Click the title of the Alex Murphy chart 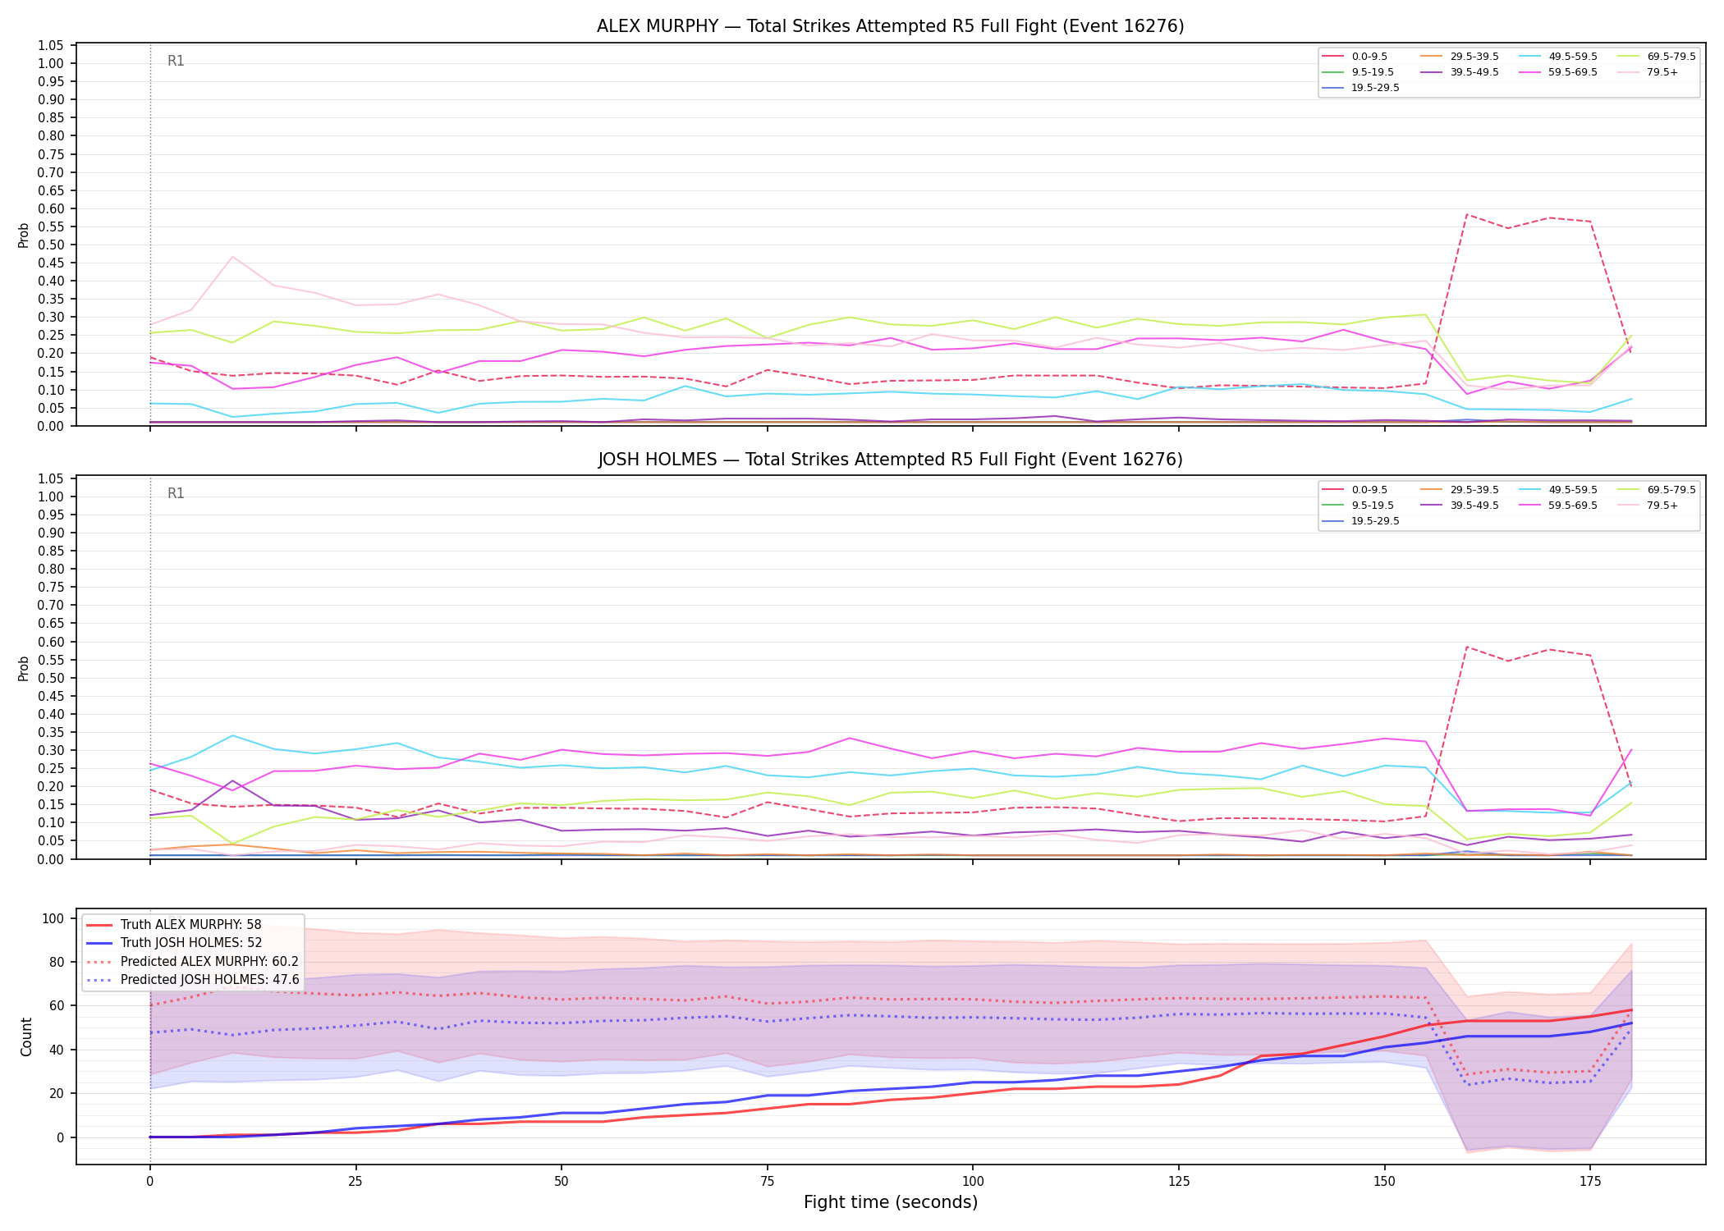click(x=890, y=26)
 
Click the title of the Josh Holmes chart click(x=890, y=460)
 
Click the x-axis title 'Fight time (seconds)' click(x=891, y=1202)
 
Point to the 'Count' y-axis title click(x=26, y=1037)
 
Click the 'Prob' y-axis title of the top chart click(x=24, y=235)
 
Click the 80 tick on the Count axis click(x=57, y=962)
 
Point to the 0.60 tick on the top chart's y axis click(x=51, y=208)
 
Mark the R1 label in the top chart click(x=176, y=61)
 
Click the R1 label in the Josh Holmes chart click(x=176, y=493)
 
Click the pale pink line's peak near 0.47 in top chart click(x=232, y=257)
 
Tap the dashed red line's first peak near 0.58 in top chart click(x=1466, y=215)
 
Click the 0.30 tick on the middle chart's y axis click(x=51, y=750)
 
